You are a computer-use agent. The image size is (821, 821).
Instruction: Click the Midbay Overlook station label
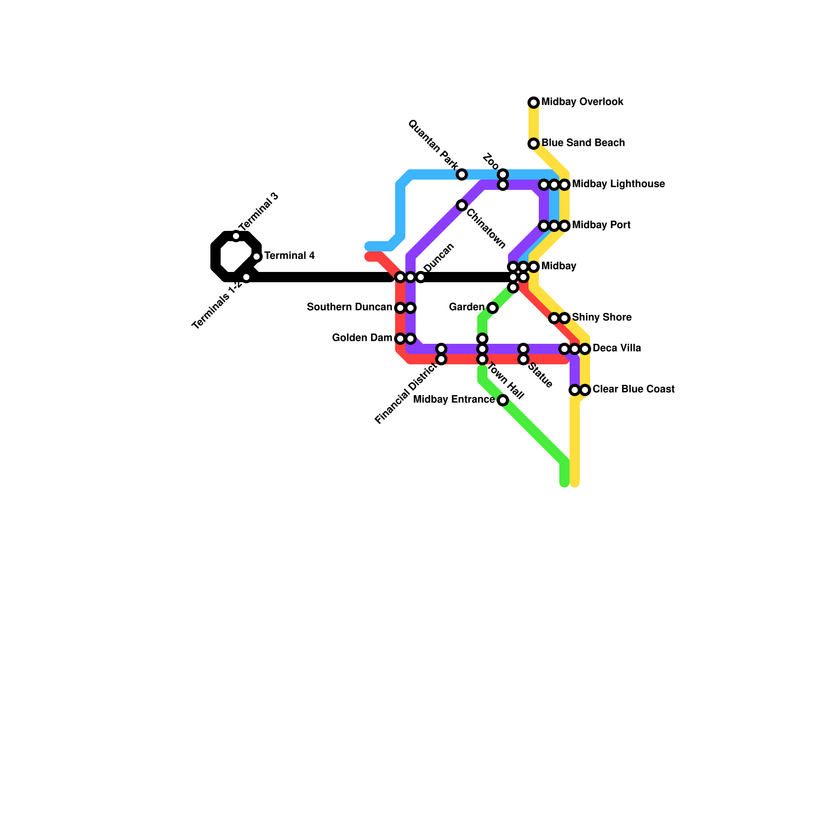(582, 102)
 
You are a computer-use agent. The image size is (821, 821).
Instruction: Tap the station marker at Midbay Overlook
(534, 103)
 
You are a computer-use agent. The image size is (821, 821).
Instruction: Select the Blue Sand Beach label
(583, 143)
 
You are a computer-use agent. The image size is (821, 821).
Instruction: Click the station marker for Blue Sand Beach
(534, 144)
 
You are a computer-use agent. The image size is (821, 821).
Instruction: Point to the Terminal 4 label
(289, 256)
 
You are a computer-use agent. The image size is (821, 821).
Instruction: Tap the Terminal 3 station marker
(236, 236)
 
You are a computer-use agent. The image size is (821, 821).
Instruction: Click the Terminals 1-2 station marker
(246, 277)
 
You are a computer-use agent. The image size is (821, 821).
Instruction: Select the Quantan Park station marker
(462, 174)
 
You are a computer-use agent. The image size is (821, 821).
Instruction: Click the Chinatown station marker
(462, 205)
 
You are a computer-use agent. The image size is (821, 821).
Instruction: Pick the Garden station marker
(493, 308)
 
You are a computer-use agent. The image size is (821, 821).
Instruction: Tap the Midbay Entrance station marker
(503, 400)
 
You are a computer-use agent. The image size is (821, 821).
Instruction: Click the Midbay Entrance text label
(454, 400)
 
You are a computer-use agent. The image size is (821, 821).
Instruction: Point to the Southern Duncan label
(349, 307)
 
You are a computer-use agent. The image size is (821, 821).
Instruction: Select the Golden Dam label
(362, 338)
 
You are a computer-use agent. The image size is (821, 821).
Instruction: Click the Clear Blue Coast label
(633, 389)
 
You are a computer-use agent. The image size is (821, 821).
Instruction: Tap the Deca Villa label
(616, 348)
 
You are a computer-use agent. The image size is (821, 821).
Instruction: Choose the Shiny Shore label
(601, 318)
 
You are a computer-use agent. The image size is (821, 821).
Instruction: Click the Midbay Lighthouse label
(618, 184)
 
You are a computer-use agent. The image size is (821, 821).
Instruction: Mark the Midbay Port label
(601, 225)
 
